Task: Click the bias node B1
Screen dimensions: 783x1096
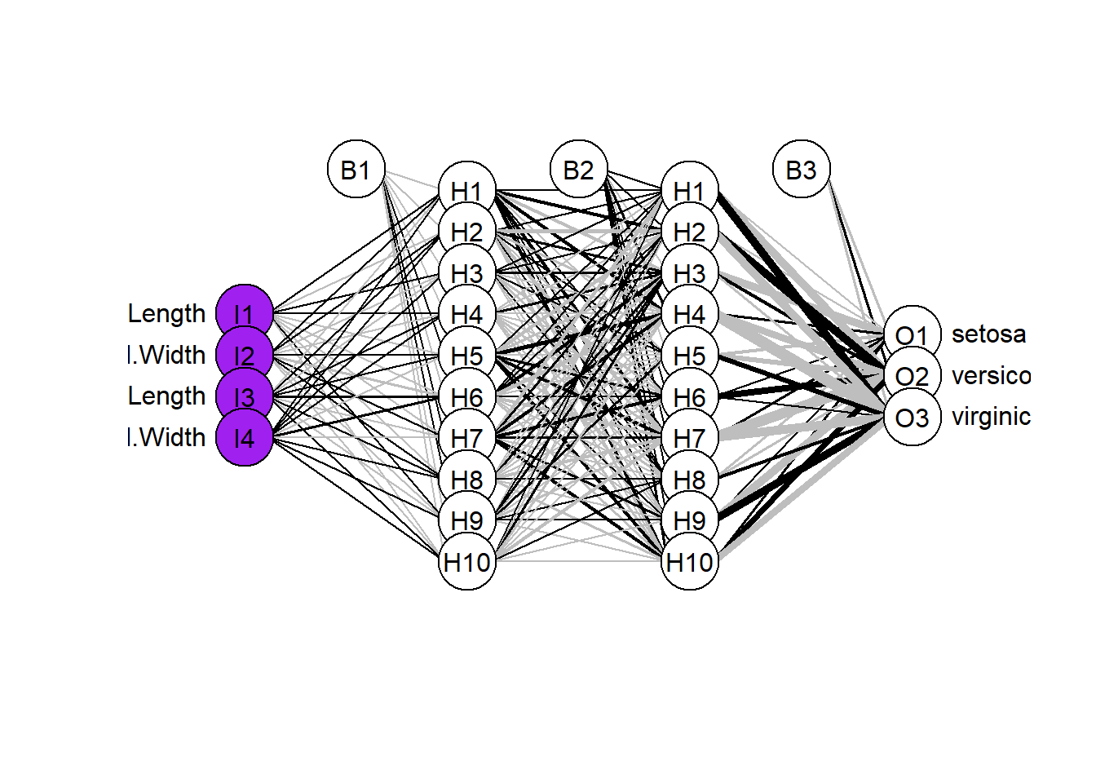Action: tap(356, 170)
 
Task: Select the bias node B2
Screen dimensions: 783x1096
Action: tap(579, 170)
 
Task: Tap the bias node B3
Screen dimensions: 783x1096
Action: tap(802, 170)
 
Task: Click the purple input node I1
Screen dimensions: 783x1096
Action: tap(244, 313)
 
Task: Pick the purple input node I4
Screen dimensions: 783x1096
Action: tap(244, 438)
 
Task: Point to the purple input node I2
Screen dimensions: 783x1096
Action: tap(244, 355)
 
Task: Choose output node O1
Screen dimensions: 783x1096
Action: tap(913, 334)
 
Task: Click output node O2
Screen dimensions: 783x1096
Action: tap(913, 376)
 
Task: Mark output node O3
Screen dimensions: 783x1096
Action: tap(913, 418)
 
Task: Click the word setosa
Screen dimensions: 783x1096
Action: tap(988, 334)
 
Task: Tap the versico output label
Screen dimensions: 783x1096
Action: tap(991, 375)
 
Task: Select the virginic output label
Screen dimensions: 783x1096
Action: tap(991, 417)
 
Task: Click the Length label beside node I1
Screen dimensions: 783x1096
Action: tap(167, 313)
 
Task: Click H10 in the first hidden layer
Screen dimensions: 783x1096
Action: tap(467, 561)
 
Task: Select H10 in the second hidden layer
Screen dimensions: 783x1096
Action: tap(690, 561)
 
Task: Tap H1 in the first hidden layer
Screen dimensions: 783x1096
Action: tap(467, 191)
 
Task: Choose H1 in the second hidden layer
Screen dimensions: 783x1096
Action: tap(690, 191)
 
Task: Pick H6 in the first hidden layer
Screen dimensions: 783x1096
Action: tap(467, 397)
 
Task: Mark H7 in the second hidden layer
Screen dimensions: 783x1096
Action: tap(690, 438)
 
